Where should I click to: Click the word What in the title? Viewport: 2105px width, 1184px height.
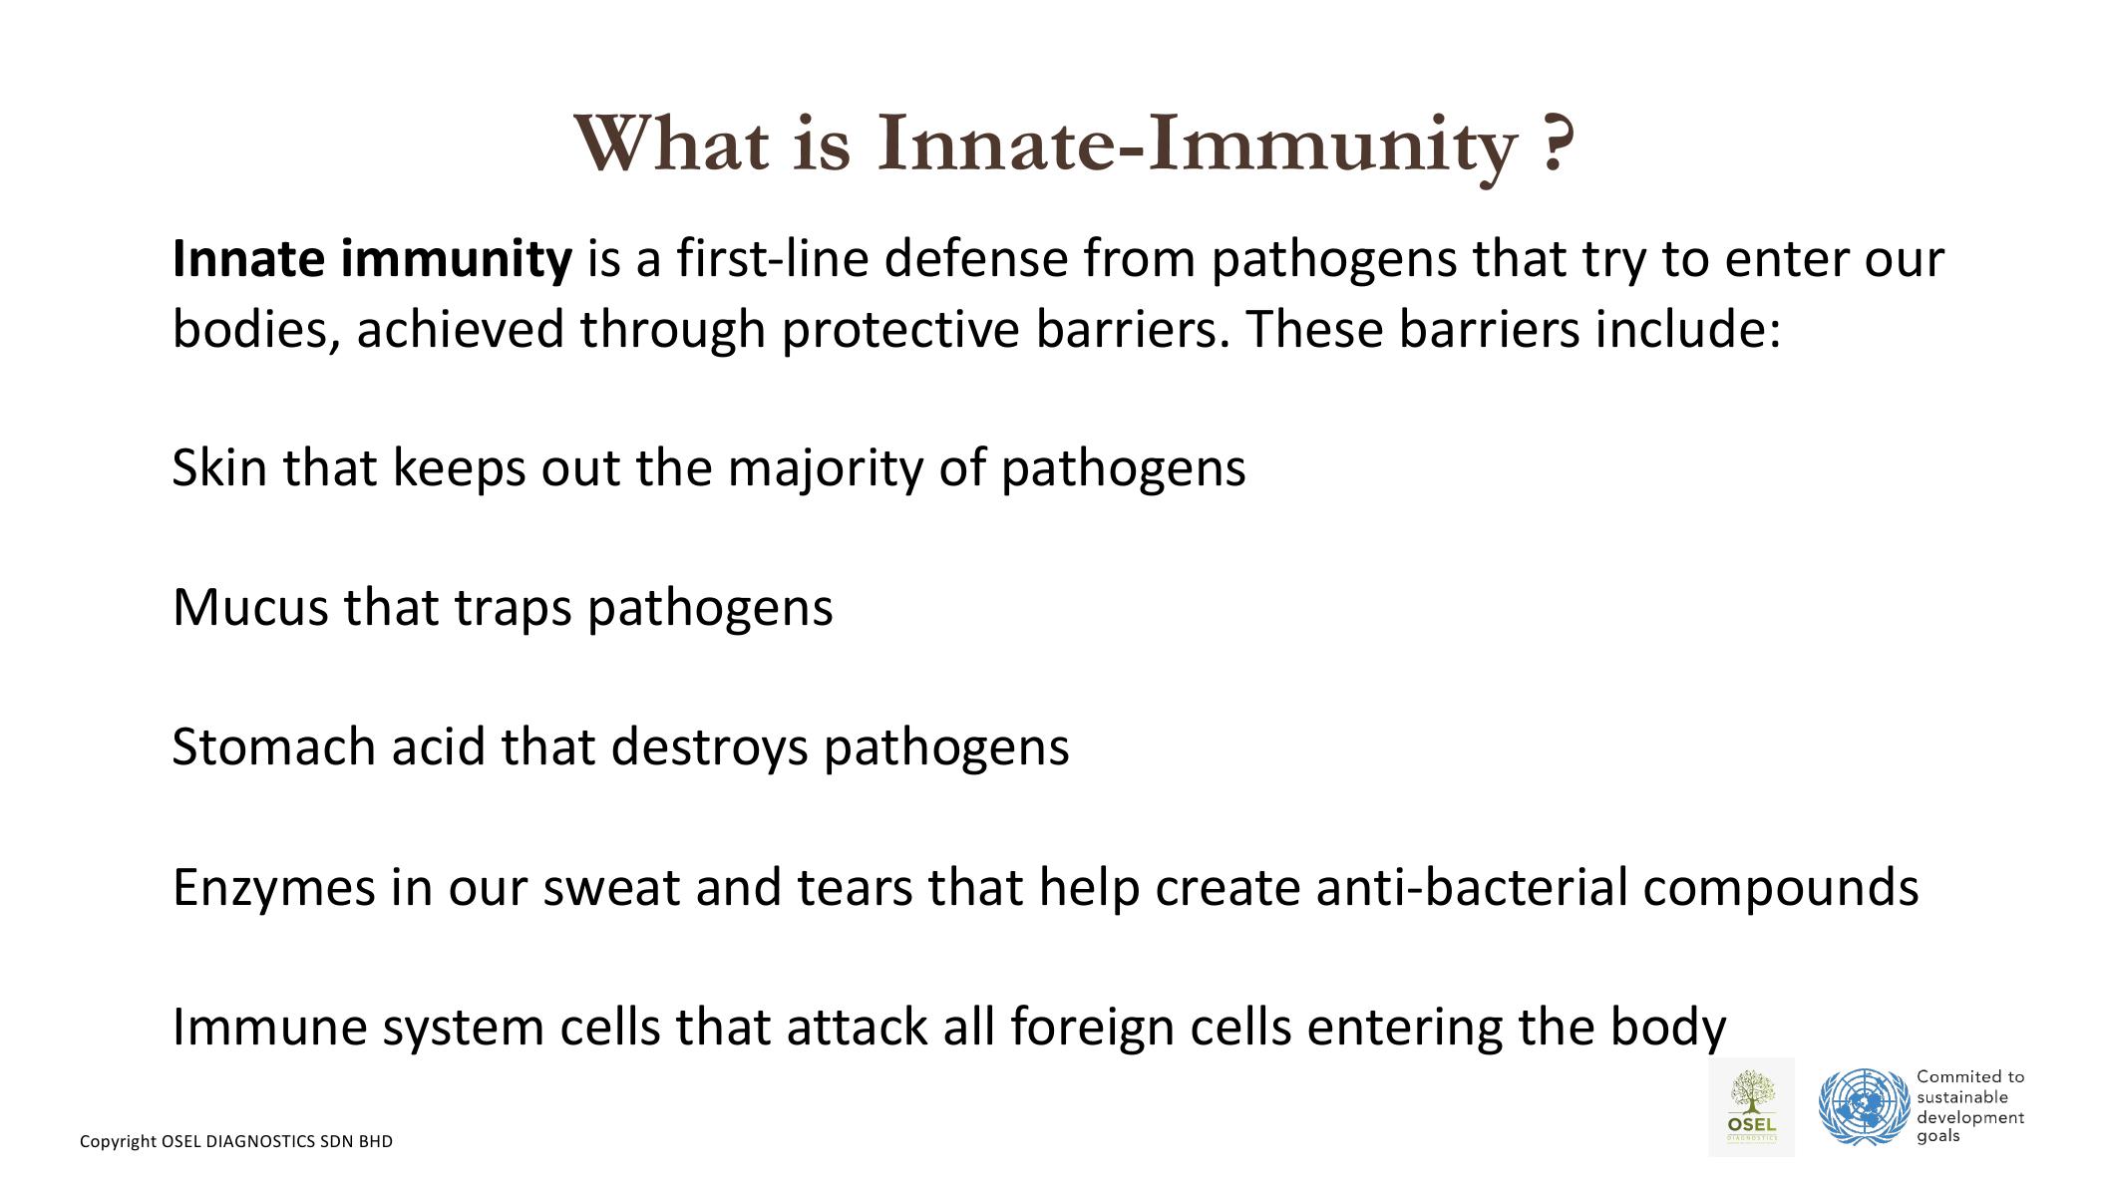[671, 144]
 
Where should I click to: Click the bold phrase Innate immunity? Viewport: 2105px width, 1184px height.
[372, 260]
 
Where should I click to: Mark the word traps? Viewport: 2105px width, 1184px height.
[513, 609]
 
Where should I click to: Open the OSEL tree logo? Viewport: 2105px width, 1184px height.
[1751, 1106]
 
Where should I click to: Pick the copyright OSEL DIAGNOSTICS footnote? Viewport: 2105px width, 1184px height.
[236, 1142]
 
